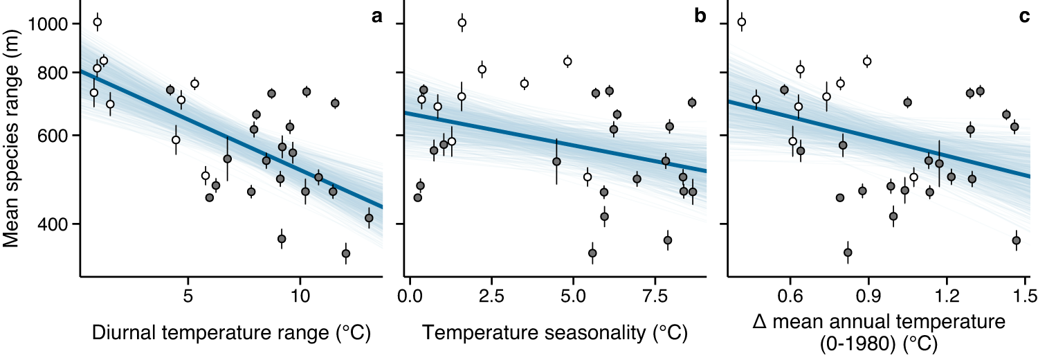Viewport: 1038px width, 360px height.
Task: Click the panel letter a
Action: [376, 17]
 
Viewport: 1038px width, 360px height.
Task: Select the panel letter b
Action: [700, 17]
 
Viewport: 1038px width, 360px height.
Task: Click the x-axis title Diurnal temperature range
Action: [231, 333]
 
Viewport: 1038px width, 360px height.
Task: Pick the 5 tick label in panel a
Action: [188, 296]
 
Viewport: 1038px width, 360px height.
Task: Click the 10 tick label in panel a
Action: [299, 296]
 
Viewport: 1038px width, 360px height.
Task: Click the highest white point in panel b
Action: [462, 23]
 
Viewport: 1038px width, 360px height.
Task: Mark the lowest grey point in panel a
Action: [346, 253]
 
